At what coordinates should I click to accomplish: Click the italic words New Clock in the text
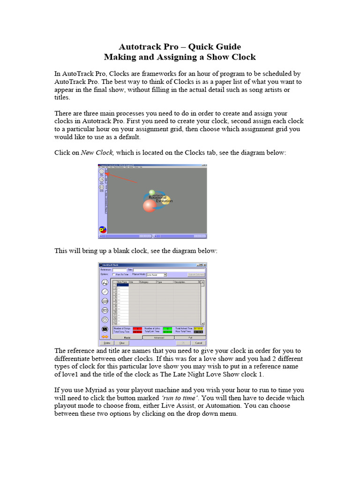point(97,152)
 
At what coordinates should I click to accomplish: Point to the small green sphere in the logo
point(151,192)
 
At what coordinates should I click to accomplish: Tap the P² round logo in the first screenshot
point(103,230)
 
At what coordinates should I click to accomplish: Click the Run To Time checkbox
point(114,275)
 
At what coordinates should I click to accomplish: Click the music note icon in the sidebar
point(105,283)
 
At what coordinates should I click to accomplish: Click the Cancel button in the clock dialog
point(198,343)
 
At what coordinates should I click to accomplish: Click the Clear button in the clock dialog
point(121,343)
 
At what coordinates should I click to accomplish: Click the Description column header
point(180,282)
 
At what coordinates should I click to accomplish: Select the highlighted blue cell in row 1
point(122,285)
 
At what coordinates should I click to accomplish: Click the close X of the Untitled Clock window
point(204,265)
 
